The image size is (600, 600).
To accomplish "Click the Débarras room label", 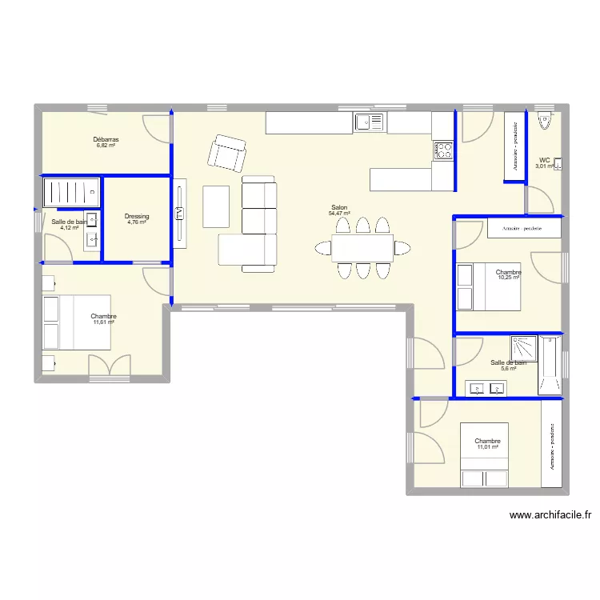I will tap(106, 139).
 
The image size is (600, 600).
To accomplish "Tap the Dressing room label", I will tap(137, 216).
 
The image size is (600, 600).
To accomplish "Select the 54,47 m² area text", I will tap(340, 214).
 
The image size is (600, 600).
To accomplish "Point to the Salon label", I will tap(339, 207).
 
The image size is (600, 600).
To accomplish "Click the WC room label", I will tap(544, 159).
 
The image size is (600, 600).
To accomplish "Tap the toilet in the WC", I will tap(545, 122).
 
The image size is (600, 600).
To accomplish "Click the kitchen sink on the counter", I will tap(370, 122).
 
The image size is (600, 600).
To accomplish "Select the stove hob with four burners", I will tap(443, 150).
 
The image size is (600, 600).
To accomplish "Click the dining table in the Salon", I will tap(362, 248).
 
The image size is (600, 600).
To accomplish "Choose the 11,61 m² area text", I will tap(104, 322).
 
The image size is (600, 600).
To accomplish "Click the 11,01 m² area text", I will tap(488, 447).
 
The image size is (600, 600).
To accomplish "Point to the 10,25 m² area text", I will tap(509, 278).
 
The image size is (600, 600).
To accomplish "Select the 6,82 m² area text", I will tap(106, 146).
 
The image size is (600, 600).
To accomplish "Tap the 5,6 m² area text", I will tap(508, 369).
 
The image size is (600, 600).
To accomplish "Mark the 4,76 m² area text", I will tap(137, 222).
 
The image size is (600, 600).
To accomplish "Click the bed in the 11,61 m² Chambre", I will tap(77, 322).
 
